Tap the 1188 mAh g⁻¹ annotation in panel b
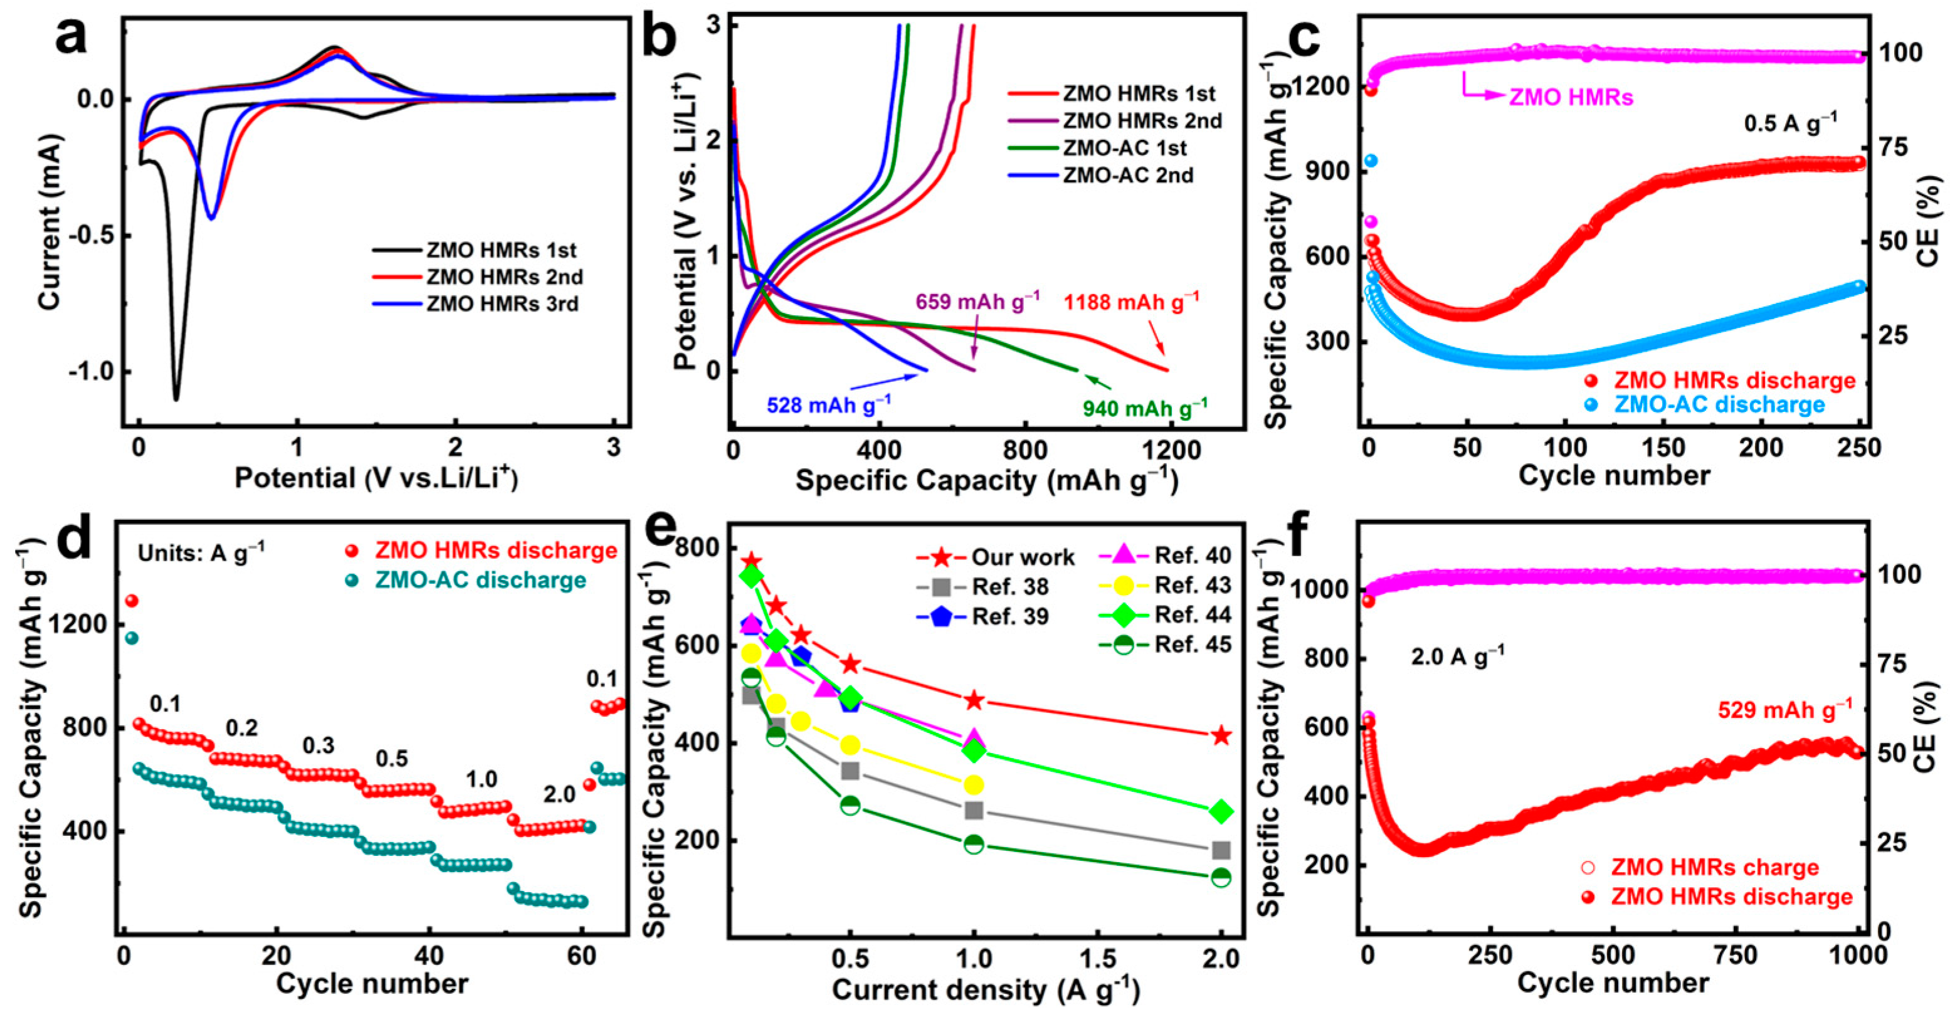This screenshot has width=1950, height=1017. pyautogui.click(x=1131, y=302)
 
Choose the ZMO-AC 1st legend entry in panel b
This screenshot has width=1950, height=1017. pyautogui.click(x=1125, y=148)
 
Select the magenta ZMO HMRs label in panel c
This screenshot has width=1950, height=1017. pyautogui.click(x=1571, y=98)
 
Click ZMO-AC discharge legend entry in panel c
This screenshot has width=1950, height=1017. pyautogui.click(x=1719, y=404)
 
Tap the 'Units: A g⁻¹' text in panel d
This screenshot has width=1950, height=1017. pyautogui.click(x=201, y=554)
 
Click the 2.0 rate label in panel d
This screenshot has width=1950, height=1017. pyautogui.click(x=559, y=794)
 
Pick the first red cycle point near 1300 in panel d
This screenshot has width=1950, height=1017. pyautogui.click(x=131, y=601)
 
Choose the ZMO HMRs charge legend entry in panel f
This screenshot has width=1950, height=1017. pyautogui.click(x=1714, y=867)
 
